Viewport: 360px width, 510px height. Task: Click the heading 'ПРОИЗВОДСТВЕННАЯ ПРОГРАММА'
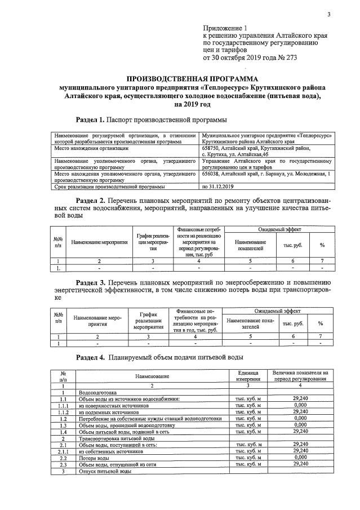click(x=192, y=79)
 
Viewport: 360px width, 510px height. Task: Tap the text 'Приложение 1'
click(x=225, y=28)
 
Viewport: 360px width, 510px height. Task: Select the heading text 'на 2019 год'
click(x=192, y=104)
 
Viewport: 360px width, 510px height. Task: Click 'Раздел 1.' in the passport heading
click(x=91, y=119)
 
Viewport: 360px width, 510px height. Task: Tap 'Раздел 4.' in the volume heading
click(x=91, y=358)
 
